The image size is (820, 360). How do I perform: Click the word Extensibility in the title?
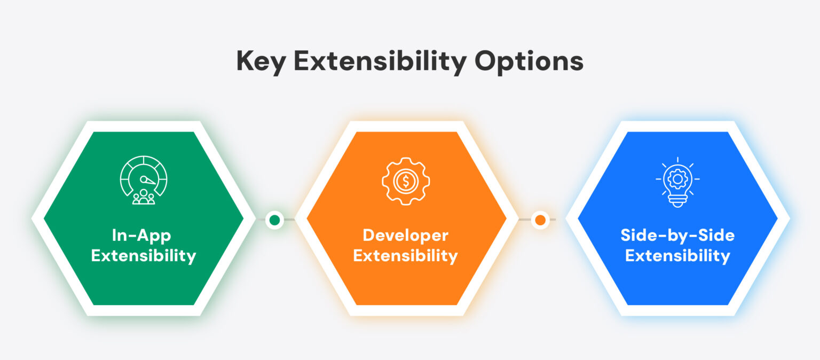coord(380,61)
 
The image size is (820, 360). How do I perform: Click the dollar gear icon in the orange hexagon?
coord(406,181)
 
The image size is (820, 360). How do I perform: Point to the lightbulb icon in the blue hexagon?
coord(677,182)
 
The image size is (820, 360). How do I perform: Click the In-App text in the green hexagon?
coord(141,235)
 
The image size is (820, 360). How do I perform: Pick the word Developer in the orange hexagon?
coord(406,235)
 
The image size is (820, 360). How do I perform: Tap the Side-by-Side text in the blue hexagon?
coord(677,235)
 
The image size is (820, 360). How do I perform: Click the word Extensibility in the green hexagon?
coord(144,256)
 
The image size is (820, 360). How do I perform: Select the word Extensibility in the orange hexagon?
coord(406,256)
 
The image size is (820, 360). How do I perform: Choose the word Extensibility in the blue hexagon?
coord(677,256)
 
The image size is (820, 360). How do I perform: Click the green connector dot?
coord(274,220)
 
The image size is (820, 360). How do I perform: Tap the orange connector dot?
coord(540,220)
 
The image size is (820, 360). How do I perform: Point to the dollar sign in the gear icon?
coord(406,181)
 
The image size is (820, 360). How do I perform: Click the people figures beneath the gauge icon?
coord(144,197)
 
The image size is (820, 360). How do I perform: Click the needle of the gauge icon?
coord(148,181)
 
